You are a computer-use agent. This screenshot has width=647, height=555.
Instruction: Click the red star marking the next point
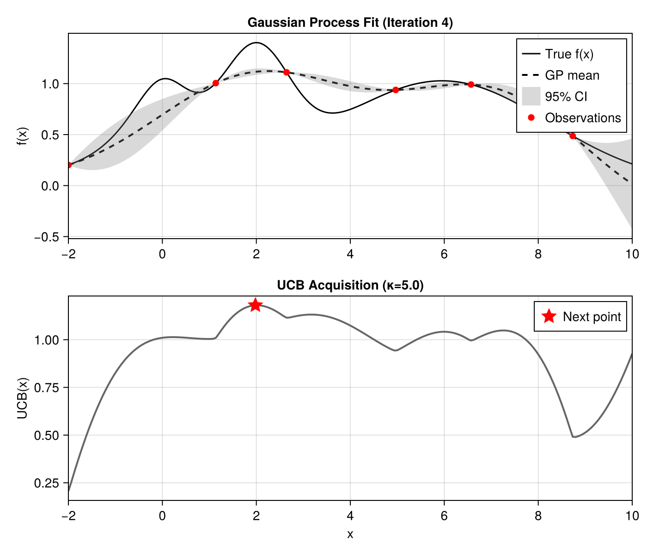pos(256,305)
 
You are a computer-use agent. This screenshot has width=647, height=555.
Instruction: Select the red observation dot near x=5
pos(396,90)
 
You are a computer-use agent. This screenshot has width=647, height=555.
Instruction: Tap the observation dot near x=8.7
pos(573,136)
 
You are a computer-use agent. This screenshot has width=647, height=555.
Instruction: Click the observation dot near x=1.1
pos(215,83)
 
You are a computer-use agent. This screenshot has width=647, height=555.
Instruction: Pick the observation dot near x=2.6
pos(287,72)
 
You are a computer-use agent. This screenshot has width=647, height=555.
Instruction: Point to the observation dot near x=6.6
pos(471,84)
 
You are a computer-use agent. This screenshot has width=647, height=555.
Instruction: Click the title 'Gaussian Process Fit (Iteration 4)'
pos(350,23)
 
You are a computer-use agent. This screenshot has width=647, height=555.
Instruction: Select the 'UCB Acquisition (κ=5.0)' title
pos(350,285)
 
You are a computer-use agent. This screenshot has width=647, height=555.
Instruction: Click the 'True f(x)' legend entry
pos(569,54)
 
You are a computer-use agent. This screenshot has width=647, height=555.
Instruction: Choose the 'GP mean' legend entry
pos(572,75)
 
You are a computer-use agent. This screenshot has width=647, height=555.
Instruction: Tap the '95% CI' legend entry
pos(566,97)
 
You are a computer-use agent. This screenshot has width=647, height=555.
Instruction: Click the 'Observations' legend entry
pos(582,118)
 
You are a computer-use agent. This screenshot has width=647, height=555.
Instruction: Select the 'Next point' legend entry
pos(592,317)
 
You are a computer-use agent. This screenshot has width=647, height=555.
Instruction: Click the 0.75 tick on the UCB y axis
pos(48,388)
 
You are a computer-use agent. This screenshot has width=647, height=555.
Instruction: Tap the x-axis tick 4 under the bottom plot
pos(350,516)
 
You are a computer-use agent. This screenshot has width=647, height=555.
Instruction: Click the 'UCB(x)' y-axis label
pos(22,398)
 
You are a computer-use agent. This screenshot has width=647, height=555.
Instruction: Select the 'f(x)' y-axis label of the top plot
pos(22,136)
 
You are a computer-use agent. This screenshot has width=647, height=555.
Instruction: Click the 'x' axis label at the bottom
pos(350,535)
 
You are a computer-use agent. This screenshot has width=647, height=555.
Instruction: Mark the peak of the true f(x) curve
pos(256,43)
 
